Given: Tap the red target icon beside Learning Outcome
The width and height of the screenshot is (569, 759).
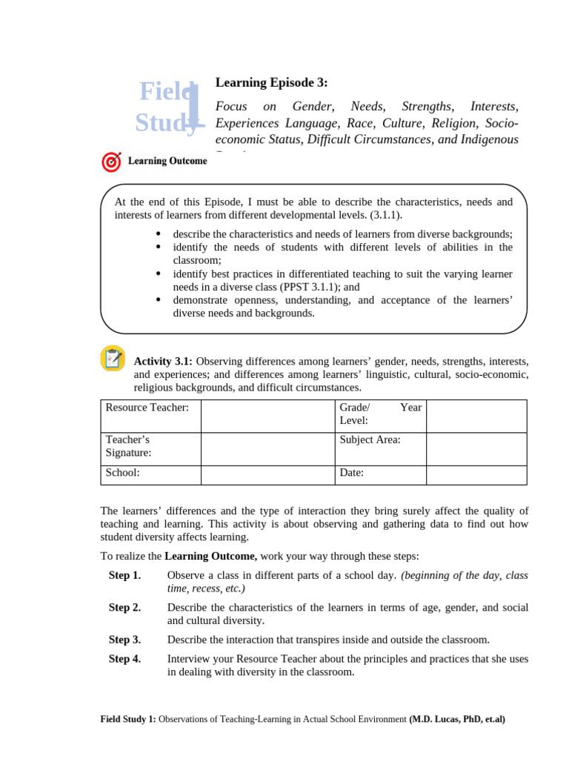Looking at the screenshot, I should coord(110,161).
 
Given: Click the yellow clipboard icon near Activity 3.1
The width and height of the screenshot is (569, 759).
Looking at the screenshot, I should coord(112,359).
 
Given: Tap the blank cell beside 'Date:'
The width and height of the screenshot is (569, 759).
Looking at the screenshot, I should coord(476,474).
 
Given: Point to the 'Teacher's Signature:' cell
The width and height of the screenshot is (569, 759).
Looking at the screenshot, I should coord(150,447).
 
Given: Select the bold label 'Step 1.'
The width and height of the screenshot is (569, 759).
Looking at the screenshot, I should coord(124,576).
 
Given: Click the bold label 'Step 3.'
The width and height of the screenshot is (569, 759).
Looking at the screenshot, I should coord(124,640).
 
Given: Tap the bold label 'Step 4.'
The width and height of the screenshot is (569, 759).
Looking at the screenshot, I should coord(124,660).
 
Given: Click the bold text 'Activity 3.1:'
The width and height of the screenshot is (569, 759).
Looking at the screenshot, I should coord(163,361).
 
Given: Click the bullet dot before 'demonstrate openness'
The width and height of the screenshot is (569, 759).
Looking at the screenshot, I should coord(159,299).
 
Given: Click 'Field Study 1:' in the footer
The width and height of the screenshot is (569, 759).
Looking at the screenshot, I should coord(128,719).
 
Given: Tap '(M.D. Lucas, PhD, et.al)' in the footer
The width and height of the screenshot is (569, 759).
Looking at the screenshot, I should coord(457,719).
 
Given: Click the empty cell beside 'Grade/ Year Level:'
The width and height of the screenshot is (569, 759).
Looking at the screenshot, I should coord(476,415).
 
